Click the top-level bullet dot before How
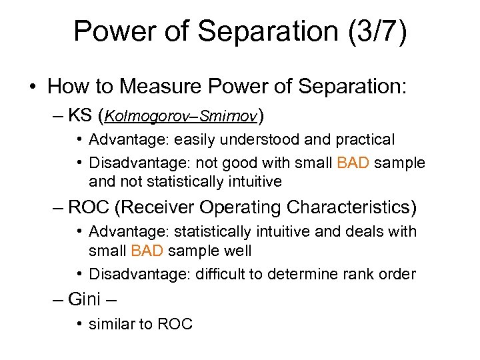click(33, 87)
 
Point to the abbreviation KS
click(79, 117)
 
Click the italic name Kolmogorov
click(141, 117)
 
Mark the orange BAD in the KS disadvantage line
click(353, 163)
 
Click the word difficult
click(221, 273)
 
